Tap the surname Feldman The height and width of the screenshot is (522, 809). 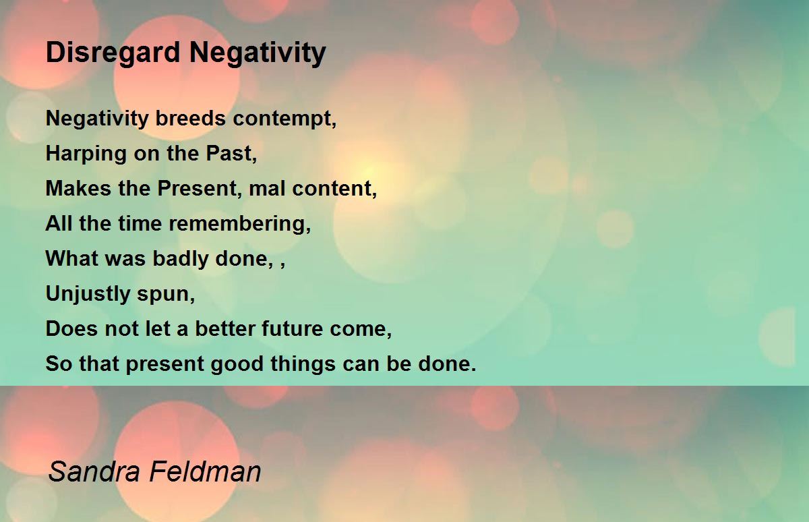point(205,472)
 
